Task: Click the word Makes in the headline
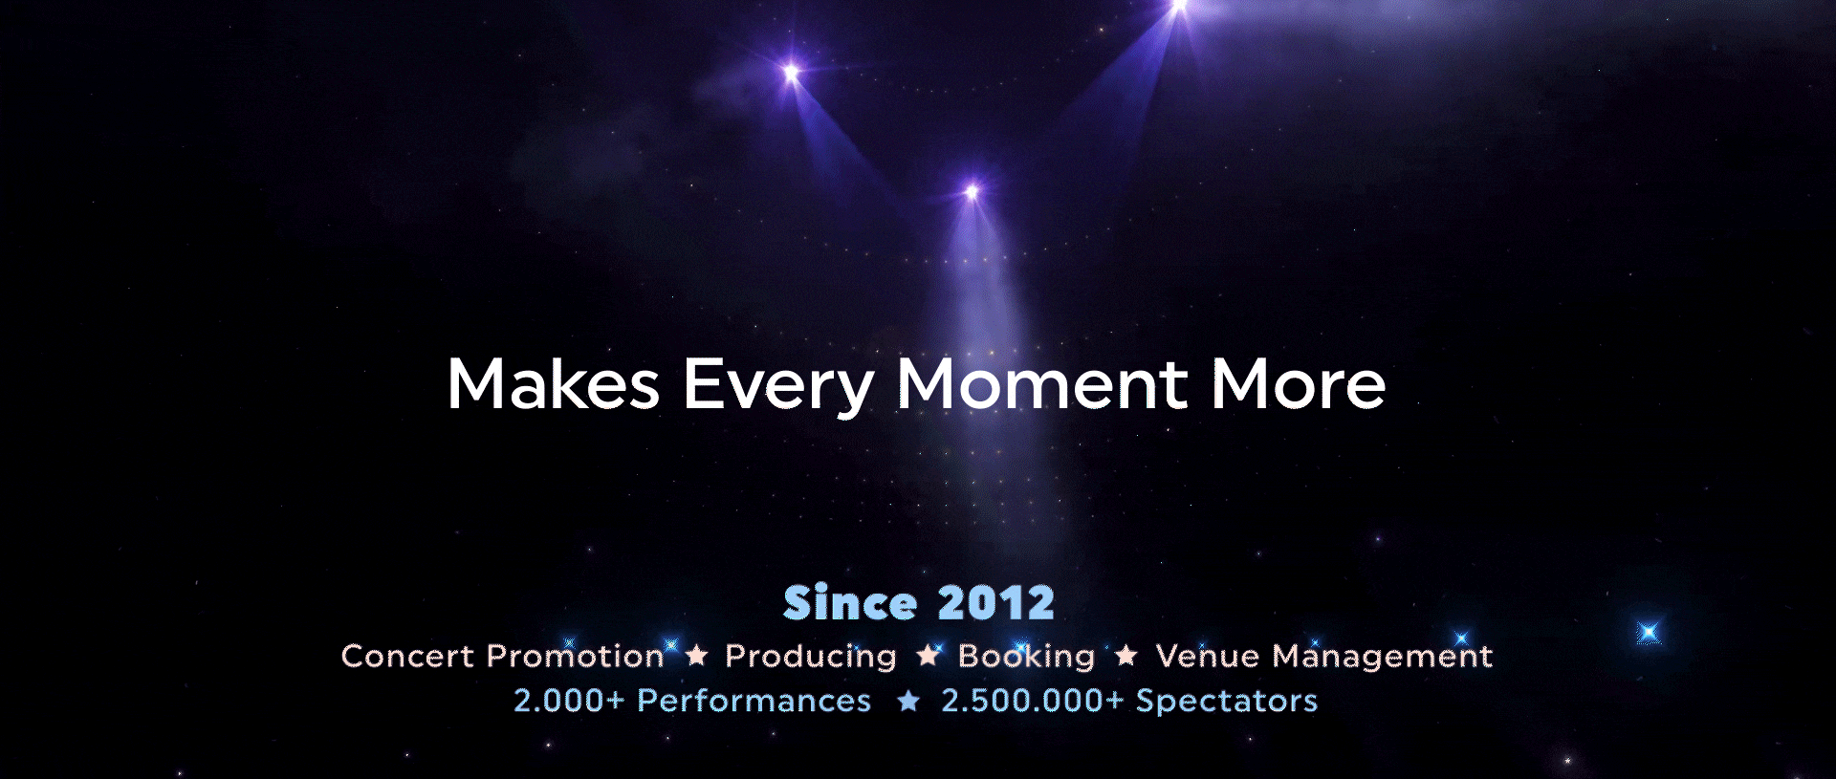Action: coord(554,383)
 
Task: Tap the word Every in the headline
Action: coord(778,387)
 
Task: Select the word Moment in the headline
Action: coord(1042,383)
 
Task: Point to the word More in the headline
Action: coord(1299,383)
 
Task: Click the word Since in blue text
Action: coord(850,602)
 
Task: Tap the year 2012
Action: coord(996,603)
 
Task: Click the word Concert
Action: coord(407,657)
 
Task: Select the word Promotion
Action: coord(576,657)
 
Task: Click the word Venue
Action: coord(1208,657)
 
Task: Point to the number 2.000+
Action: coord(569,701)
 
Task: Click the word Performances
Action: coord(754,701)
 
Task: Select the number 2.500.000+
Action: coord(1033,701)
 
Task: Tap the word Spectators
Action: coord(1227,703)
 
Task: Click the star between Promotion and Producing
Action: coord(697,655)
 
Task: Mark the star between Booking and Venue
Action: coord(1126,655)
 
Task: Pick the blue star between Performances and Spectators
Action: coord(908,701)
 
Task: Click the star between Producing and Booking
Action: coord(928,655)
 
